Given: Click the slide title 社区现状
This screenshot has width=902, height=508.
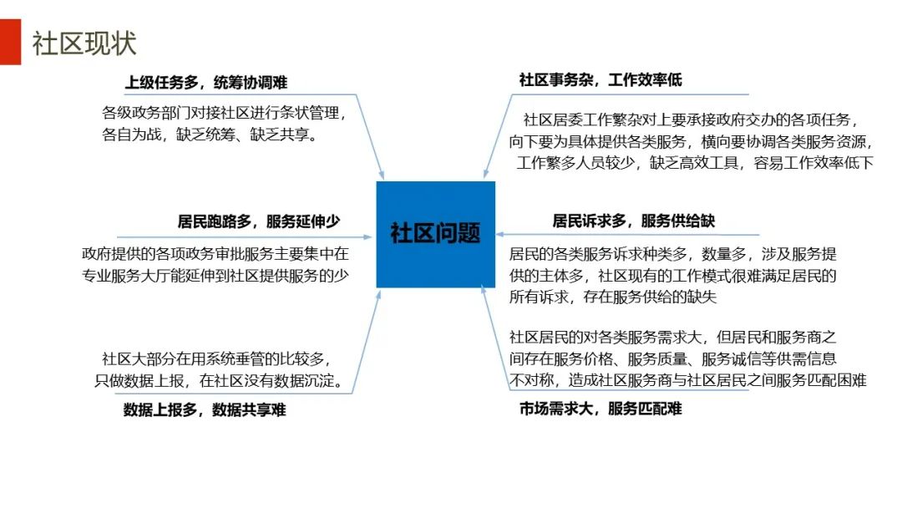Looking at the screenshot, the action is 84,43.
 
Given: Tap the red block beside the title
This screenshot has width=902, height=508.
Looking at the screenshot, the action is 10,42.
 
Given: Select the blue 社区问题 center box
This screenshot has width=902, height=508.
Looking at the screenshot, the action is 435,233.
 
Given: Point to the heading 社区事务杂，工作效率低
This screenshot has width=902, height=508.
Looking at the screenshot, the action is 600,80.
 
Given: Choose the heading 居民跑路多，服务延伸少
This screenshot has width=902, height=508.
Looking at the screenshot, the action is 259,221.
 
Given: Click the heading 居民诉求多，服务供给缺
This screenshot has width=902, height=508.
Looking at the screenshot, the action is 634,221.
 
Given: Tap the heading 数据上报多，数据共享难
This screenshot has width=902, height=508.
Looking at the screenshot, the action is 205,409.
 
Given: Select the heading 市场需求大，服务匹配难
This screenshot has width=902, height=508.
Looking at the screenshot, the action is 600,409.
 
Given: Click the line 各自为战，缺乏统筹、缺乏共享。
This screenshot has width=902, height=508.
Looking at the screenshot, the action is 210,134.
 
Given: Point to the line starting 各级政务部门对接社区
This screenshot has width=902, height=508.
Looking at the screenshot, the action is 223,112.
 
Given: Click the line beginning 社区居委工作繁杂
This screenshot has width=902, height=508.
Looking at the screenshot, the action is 691,119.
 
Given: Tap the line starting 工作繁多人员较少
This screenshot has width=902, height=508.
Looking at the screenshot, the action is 695,163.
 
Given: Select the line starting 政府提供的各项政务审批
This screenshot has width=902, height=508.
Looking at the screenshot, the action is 215,252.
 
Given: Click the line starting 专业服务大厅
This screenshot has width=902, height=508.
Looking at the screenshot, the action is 215,274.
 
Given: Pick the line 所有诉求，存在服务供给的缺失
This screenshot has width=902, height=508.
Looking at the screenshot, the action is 614,297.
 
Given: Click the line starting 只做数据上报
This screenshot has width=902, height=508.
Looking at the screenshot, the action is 224,381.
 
